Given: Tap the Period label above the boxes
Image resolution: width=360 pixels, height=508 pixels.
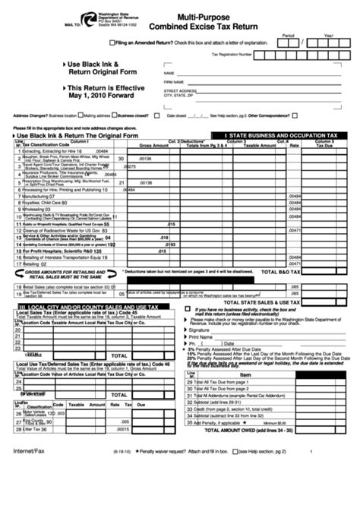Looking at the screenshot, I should pos(288,35).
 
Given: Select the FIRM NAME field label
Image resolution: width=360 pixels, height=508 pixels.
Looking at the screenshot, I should pos(173,81).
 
